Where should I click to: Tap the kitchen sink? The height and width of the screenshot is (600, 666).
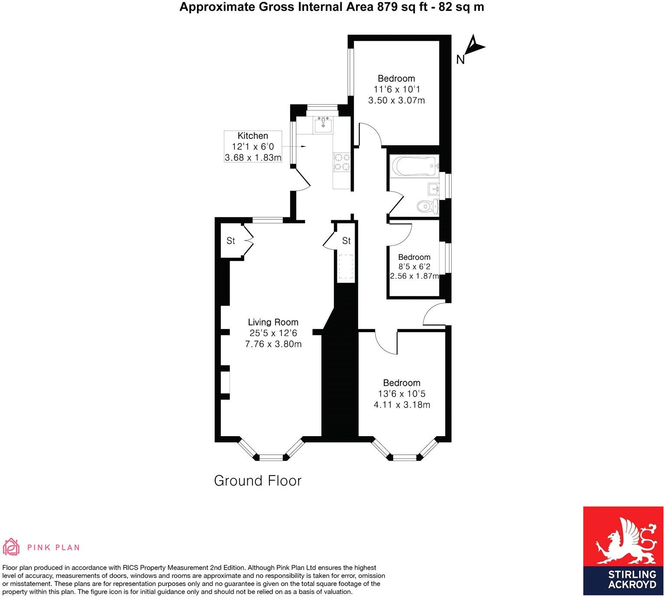(323, 124)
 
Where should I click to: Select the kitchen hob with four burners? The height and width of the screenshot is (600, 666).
(341, 162)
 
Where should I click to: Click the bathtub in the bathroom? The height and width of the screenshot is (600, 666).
(414, 166)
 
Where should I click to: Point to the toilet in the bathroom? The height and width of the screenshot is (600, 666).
(428, 206)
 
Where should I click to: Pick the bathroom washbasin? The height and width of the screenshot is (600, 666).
(433, 189)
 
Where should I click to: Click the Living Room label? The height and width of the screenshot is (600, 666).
(273, 322)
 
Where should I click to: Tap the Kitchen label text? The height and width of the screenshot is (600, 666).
(252, 136)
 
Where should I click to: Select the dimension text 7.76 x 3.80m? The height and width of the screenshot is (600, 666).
(273, 344)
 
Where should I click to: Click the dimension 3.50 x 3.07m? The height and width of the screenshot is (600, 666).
(396, 101)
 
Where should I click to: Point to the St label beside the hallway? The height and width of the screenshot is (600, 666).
(346, 241)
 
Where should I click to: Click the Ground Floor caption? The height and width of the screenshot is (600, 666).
(258, 481)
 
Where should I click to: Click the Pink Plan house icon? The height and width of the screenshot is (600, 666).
(12, 547)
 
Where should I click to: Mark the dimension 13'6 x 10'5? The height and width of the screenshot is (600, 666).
(401, 394)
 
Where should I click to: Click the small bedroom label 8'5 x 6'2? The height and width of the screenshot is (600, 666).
(414, 267)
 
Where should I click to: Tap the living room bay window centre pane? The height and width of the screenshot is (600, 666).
(271, 457)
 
